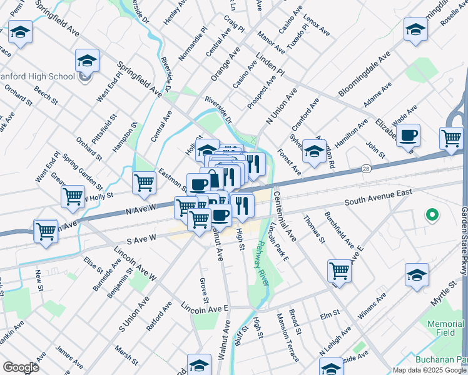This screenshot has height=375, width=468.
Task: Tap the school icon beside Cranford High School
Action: click(x=88, y=61)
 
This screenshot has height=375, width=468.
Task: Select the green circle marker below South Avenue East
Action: click(x=431, y=216)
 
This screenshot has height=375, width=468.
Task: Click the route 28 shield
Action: click(x=366, y=169)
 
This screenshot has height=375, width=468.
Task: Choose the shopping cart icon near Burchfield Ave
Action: click(x=339, y=271)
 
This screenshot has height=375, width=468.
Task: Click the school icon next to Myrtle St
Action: click(x=417, y=275)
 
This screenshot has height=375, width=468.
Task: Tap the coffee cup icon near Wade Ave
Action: click(x=408, y=135)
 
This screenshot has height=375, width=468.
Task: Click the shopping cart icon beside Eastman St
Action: click(x=144, y=183)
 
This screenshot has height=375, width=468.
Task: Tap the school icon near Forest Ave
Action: click(x=314, y=152)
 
